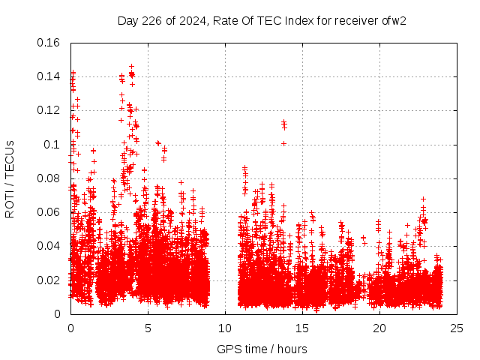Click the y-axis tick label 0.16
tap(49, 43)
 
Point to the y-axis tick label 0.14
tap(49, 76)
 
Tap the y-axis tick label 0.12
tap(49, 110)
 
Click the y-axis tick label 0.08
tap(49, 178)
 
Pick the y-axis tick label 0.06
tap(49, 212)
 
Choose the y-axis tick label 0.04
tap(49, 246)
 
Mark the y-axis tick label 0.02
tap(49, 280)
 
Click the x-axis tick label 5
tap(148, 328)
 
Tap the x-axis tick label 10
tap(225, 328)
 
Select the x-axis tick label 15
tap(302, 328)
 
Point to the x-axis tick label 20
tap(379, 328)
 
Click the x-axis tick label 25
tap(457, 328)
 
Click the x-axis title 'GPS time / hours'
tap(262, 349)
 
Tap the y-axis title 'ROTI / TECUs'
tap(10, 178)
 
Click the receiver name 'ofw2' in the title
tap(394, 20)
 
